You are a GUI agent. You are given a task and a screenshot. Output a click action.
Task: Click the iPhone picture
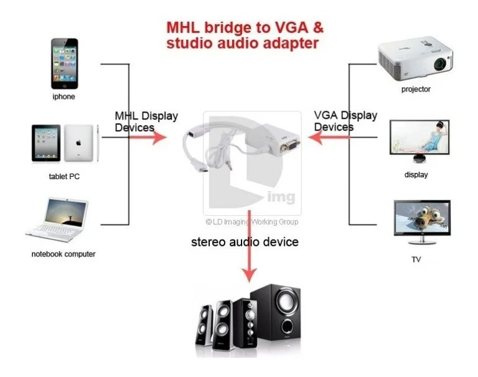click(63, 64)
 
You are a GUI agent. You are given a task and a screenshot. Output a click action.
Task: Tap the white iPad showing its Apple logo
click(79, 144)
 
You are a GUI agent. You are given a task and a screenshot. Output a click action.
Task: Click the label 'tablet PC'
click(64, 176)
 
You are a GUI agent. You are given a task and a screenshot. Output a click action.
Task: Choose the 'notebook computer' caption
click(63, 254)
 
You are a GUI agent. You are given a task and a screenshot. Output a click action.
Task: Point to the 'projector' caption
click(416, 89)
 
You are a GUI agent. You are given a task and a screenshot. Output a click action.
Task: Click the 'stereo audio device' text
click(245, 241)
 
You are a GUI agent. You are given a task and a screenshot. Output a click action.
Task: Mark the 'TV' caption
click(416, 259)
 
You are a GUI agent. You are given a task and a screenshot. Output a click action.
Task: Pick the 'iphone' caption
click(63, 96)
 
